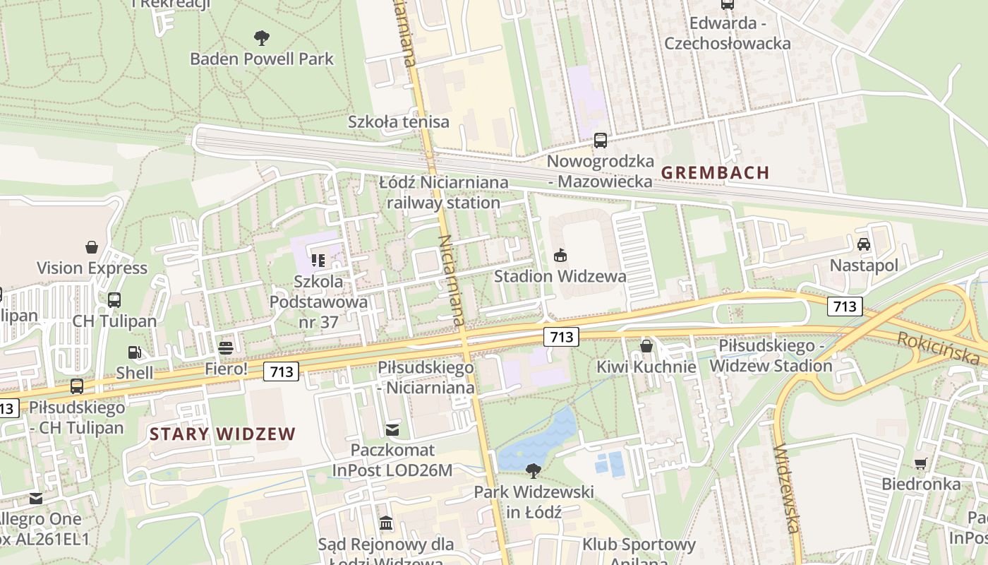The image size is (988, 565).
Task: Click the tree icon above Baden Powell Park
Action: click(261, 37)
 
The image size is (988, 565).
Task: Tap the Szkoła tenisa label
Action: click(398, 121)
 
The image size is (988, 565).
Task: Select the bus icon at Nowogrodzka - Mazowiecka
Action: click(600, 140)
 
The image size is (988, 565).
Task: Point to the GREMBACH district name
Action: click(715, 172)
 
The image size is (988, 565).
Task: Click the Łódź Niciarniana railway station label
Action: click(443, 193)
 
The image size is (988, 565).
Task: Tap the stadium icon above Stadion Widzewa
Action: click(560, 255)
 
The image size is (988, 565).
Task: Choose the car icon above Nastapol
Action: click(863, 244)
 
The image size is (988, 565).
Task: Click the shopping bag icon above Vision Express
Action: click(92, 247)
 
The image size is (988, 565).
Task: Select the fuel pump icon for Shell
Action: click(133, 352)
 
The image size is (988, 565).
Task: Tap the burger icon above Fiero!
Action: click(226, 347)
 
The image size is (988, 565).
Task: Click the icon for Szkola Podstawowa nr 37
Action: click(318, 261)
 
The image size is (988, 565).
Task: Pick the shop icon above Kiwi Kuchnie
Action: click(646, 346)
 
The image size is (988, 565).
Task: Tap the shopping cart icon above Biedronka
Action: click(920, 463)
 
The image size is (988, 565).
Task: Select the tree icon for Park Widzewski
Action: click(534, 470)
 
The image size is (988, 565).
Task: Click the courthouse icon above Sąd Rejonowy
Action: click(386, 523)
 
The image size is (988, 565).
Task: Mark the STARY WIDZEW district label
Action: click(222, 434)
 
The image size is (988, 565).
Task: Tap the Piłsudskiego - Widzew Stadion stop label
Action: click(771, 356)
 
